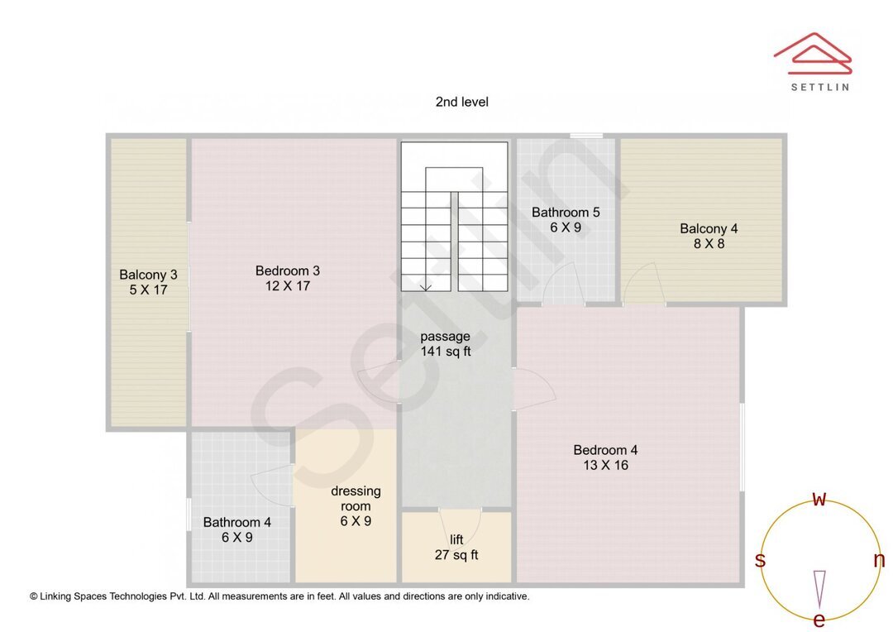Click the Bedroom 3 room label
coord(287,271)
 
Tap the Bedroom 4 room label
coord(605,450)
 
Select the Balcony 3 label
coord(148,275)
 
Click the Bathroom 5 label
coord(566,213)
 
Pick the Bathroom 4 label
coord(236,522)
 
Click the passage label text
coord(445,336)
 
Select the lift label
coord(456,539)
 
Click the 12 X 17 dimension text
coord(287,286)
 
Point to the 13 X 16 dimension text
coord(605,465)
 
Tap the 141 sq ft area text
coord(445,352)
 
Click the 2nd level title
coord(461,102)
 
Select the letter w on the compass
coord(819,499)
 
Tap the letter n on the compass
coord(879,560)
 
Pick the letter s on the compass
coord(760,561)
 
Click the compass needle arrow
coord(819,588)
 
